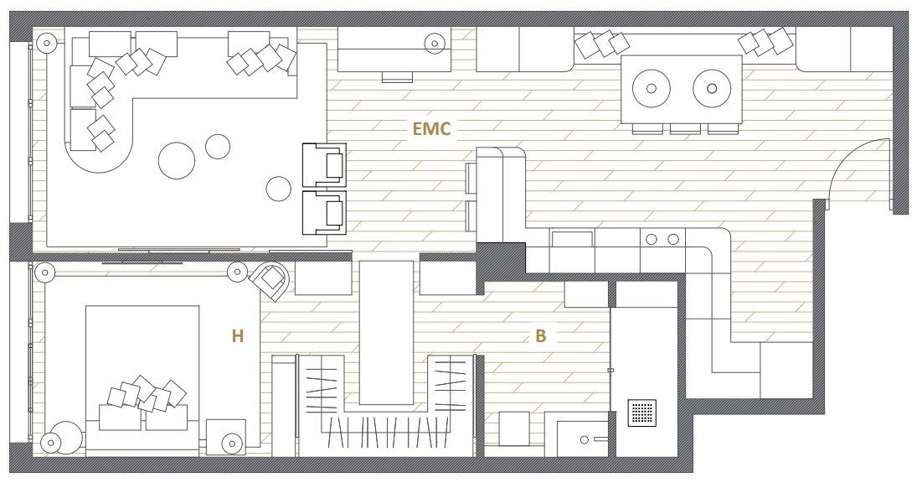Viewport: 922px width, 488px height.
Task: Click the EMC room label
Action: pyautogui.click(x=431, y=128)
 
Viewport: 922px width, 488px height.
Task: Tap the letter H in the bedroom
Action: pyautogui.click(x=238, y=336)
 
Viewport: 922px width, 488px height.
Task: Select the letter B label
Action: pyautogui.click(x=540, y=336)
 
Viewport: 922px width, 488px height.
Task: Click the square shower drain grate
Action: pyautogui.click(x=641, y=413)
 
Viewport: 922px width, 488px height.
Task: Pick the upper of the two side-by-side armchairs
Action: pyautogui.click(x=324, y=164)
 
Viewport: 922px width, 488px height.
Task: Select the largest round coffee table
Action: pyautogui.click(x=177, y=160)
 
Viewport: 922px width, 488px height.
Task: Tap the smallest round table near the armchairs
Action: pyautogui.click(x=278, y=189)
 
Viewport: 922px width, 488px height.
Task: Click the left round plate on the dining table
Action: pyautogui.click(x=652, y=89)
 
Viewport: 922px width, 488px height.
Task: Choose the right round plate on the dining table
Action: pyautogui.click(x=712, y=89)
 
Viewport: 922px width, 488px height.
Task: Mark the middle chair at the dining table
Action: pyautogui.click(x=685, y=129)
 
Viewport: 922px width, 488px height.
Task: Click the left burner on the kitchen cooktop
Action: pyautogui.click(x=652, y=239)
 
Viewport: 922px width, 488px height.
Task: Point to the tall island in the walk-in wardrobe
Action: pyautogui.click(x=386, y=333)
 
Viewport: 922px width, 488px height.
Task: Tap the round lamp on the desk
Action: pyautogui.click(x=435, y=42)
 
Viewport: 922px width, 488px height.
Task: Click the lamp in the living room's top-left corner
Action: pyautogui.click(x=45, y=43)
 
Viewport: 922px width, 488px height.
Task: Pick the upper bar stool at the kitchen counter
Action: pyautogui.click(x=471, y=178)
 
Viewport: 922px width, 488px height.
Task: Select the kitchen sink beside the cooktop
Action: pyautogui.click(x=572, y=239)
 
